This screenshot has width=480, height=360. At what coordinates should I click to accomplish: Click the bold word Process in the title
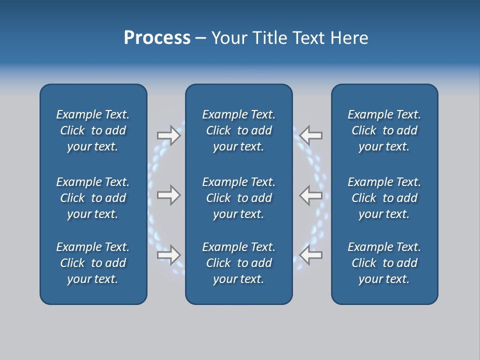[157, 38]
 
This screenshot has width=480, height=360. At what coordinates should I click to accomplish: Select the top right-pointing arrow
[169, 135]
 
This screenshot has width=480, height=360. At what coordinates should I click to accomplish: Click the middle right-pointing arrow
[169, 194]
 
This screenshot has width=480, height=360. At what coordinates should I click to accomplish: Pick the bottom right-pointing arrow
[169, 254]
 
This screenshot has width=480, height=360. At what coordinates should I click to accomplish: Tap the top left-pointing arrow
[310, 135]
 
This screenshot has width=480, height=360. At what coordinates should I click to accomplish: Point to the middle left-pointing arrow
[310, 194]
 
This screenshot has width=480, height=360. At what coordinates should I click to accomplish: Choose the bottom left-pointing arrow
[310, 254]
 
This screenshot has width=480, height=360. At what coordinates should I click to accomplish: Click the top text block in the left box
[93, 130]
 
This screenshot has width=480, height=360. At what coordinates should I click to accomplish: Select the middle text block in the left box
[93, 198]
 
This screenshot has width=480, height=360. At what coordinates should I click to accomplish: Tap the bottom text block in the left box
[93, 263]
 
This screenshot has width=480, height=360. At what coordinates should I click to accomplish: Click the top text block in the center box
[238, 130]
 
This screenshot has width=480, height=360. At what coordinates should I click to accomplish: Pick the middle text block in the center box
[238, 198]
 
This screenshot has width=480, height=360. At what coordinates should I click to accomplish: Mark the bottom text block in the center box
[238, 263]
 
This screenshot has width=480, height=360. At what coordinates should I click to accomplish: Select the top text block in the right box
[384, 130]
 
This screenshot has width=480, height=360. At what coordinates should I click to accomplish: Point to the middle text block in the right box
[384, 198]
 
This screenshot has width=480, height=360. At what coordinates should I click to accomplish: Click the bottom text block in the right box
[384, 263]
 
